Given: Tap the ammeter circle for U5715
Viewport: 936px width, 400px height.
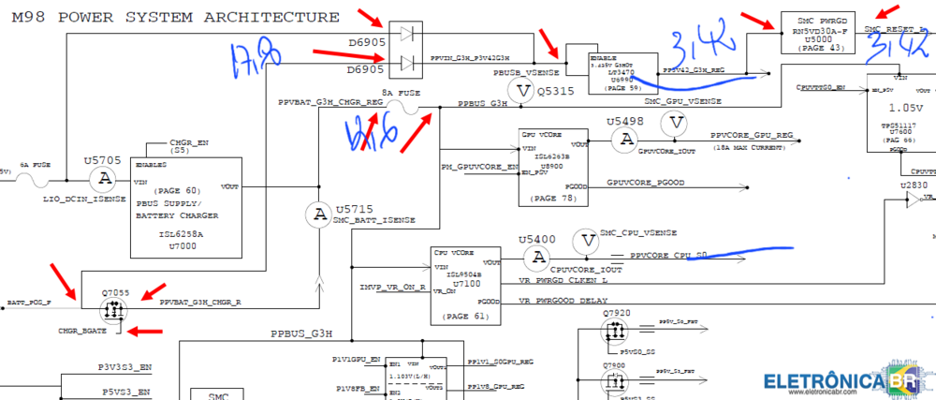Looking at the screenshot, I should coord(319,214).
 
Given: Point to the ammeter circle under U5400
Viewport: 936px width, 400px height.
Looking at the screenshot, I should coord(536,256).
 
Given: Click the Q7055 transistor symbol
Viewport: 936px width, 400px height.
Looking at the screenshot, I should coord(119,304).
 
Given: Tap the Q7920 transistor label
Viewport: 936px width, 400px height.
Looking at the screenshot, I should coord(619,312).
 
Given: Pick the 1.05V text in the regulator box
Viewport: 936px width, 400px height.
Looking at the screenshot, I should coord(901,105).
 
